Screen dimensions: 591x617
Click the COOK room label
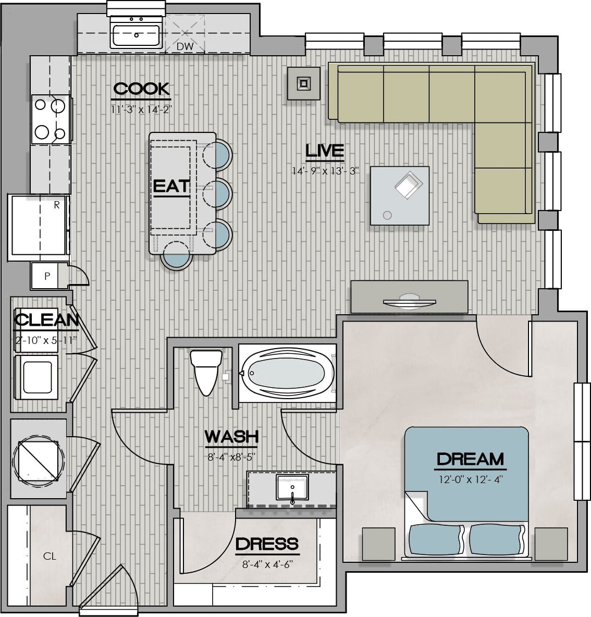[142, 89]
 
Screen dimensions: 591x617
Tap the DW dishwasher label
[185, 46]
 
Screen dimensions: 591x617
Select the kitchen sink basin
[136, 35]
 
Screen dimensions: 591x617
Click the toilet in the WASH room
[206, 372]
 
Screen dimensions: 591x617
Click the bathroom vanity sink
[292, 488]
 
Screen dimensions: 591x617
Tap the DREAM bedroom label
[470, 459]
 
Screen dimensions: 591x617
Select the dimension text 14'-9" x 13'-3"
[325, 171]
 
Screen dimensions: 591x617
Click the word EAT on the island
[171, 186]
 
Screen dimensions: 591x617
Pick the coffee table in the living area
[399, 195]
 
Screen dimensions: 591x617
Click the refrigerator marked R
[39, 227]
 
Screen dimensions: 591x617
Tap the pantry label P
[47, 276]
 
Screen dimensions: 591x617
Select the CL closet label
[50, 556]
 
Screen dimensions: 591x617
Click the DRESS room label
[267, 544]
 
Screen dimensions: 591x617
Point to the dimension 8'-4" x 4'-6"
[267, 565]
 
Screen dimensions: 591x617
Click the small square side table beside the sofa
[303, 83]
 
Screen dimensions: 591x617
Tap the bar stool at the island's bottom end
[177, 255]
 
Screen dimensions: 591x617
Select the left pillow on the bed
[436, 539]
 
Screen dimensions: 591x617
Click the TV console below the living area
[409, 297]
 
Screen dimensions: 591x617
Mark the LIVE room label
[325, 151]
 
